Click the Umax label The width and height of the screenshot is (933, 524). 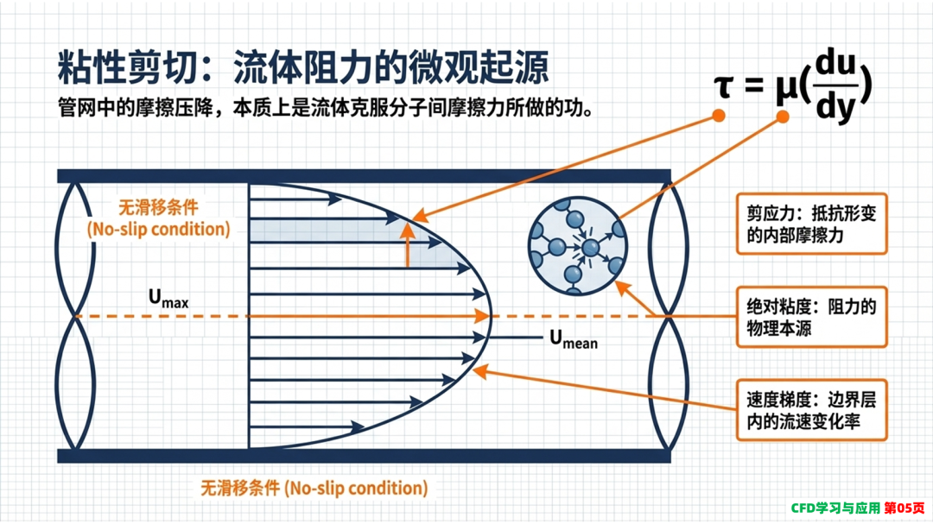[x=168, y=299]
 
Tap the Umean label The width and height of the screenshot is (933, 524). [x=574, y=339]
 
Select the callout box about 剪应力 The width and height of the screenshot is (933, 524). [x=811, y=224]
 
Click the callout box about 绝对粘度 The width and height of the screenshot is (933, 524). [x=811, y=317]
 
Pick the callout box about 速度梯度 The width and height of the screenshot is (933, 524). [x=811, y=410]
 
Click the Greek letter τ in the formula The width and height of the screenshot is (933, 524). [x=723, y=87]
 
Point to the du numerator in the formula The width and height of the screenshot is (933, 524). [x=835, y=63]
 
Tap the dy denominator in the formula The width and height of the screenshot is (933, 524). [x=836, y=107]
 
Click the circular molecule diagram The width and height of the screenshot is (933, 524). [x=578, y=246]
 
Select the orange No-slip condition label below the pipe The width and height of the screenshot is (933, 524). [x=314, y=489]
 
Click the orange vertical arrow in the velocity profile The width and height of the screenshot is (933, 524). [x=408, y=244]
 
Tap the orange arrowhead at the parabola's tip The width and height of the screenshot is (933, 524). [x=482, y=316]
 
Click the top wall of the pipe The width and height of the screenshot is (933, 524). [x=365, y=176]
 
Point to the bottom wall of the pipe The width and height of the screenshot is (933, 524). [x=365, y=456]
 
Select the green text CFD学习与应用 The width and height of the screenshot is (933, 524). [x=835, y=508]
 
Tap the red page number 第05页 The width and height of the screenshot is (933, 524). [x=904, y=508]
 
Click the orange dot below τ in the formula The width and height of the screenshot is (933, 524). [x=719, y=116]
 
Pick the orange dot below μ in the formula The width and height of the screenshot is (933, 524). [x=783, y=117]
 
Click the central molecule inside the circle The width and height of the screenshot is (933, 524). [x=590, y=248]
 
